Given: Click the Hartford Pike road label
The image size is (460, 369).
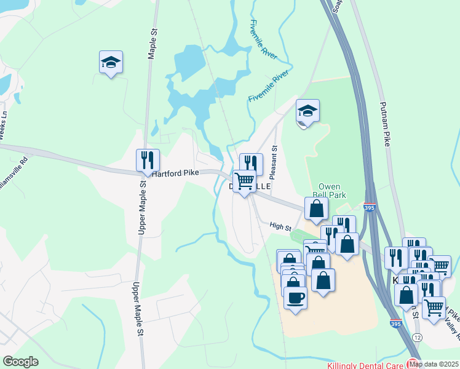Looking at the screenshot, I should (x=175, y=173).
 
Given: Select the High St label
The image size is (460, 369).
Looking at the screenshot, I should (x=280, y=226).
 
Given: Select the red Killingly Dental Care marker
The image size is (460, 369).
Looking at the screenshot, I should (x=413, y=363).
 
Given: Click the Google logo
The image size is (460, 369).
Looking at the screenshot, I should (x=20, y=362).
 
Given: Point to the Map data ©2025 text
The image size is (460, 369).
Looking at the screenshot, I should (x=434, y=364).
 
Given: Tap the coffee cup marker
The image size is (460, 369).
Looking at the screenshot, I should (x=295, y=298).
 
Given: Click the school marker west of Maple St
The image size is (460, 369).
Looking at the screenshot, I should (x=111, y=62).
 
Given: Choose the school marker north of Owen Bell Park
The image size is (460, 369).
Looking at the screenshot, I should (x=307, y=111).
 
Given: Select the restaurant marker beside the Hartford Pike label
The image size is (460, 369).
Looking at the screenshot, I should (x=148, y=161).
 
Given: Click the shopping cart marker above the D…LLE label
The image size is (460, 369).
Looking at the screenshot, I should (x=244, y=181).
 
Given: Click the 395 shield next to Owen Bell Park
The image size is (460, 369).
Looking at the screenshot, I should (x=369, y=207).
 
